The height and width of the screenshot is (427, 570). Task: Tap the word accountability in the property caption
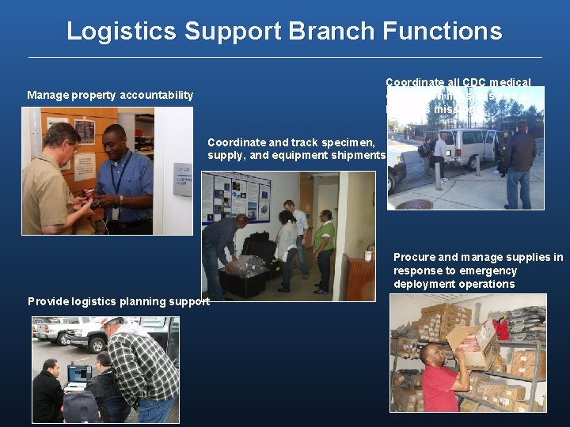[156, 95]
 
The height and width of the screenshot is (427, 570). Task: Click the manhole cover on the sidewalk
[414, 204]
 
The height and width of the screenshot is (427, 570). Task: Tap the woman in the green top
[323, 246]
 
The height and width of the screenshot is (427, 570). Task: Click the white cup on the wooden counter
[368, 255]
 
